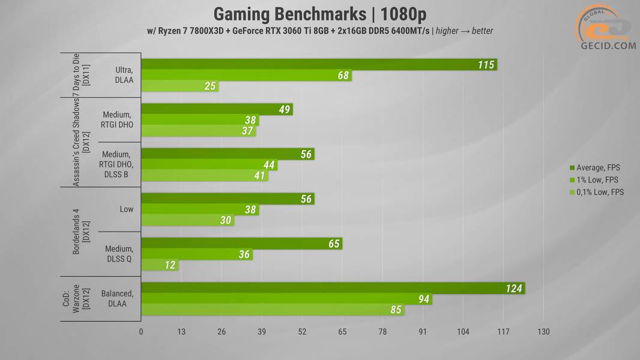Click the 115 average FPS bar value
coord(486,65)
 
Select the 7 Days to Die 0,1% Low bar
coord(180,86)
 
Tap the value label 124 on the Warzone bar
coord(513,289)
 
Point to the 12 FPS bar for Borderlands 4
coord(160,265)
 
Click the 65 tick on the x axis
coord(342,332)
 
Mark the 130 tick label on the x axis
coord(543,332)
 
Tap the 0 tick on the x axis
coord(141,332)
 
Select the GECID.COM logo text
coord(608,46)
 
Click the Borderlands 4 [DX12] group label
coord(80,232)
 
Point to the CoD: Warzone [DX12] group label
coord(80,299)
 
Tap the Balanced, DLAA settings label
coord(118,298)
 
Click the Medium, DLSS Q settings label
coord(119,254)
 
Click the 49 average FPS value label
coord(285,109)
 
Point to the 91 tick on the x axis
coord(423,332)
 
